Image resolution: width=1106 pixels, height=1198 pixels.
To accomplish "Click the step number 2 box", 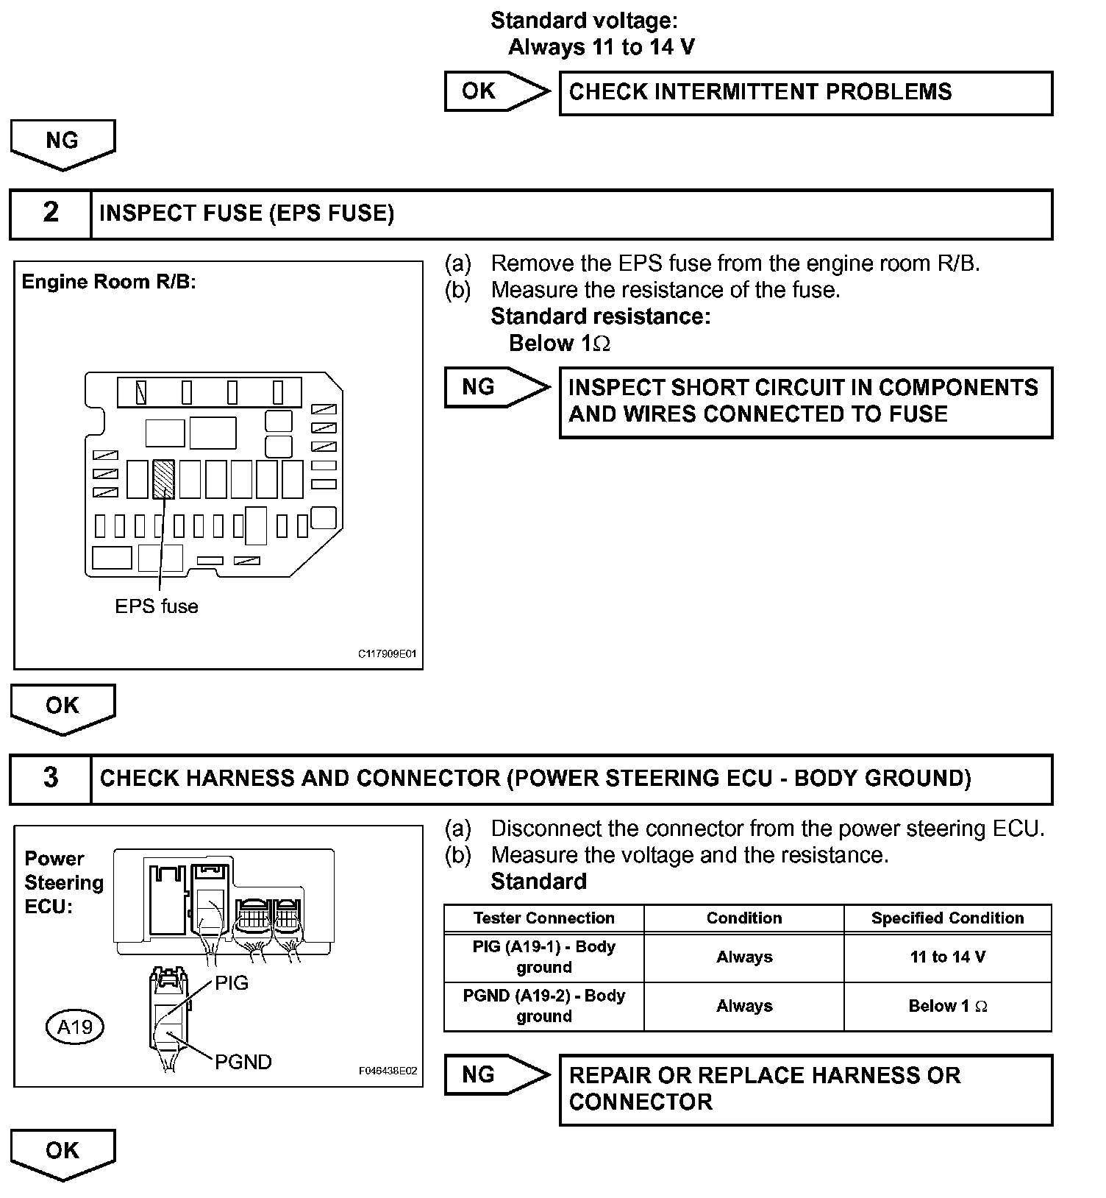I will coord(50,213).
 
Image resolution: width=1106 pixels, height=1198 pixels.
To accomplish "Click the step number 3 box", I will coord(50,778).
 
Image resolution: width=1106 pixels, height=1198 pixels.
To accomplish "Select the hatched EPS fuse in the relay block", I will coord(163,479).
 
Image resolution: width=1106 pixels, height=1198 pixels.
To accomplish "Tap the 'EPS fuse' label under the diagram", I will coord(157,606).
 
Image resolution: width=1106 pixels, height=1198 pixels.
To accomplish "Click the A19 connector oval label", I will coord(75,1026).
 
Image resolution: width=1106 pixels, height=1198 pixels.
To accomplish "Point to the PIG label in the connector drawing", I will coord(232,983).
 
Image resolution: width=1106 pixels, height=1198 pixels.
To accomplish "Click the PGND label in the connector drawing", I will coord(243,1062).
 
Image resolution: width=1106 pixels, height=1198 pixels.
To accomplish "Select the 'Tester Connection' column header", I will coord(544,918).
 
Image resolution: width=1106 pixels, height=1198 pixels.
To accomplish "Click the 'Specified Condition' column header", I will coord(947,918).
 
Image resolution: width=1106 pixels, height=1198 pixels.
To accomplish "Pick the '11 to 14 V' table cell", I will coord(947,957).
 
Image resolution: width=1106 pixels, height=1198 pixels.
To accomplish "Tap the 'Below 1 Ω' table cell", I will coord(947,1007).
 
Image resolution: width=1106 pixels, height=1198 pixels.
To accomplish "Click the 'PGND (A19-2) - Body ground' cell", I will coord(544,1006).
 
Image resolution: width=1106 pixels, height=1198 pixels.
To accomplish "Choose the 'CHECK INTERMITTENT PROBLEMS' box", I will coord(805,93).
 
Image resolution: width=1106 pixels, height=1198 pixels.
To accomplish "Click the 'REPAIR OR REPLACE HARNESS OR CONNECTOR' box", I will coord(805,1089).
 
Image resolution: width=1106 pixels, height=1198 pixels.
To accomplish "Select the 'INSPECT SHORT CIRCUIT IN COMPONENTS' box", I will coord(805,402).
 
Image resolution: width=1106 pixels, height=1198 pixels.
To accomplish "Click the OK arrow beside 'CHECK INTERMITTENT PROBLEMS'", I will coord(495,91).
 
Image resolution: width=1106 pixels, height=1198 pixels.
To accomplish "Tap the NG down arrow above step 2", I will coord(63,143).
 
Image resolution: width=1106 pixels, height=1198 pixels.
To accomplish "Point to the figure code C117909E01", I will coord(388,653).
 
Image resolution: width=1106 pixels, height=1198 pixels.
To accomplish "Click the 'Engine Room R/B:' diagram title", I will coord(109,283).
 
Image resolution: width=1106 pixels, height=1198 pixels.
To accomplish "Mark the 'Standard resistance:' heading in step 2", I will coord(600,316).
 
